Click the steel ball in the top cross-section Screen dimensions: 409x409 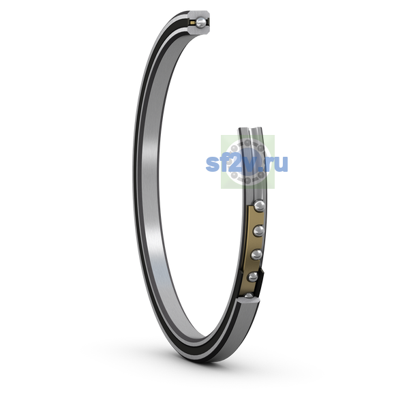(201, 22)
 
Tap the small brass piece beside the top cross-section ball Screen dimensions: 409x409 (192, 23)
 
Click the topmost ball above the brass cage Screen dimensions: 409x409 (259, 206)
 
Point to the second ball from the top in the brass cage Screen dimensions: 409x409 (258, 231)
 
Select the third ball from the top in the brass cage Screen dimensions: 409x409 (256, 254)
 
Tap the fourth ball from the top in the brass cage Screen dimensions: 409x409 (253, 277)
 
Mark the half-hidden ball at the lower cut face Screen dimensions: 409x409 (249, 296)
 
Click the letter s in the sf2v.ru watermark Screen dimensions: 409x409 (213, 164)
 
